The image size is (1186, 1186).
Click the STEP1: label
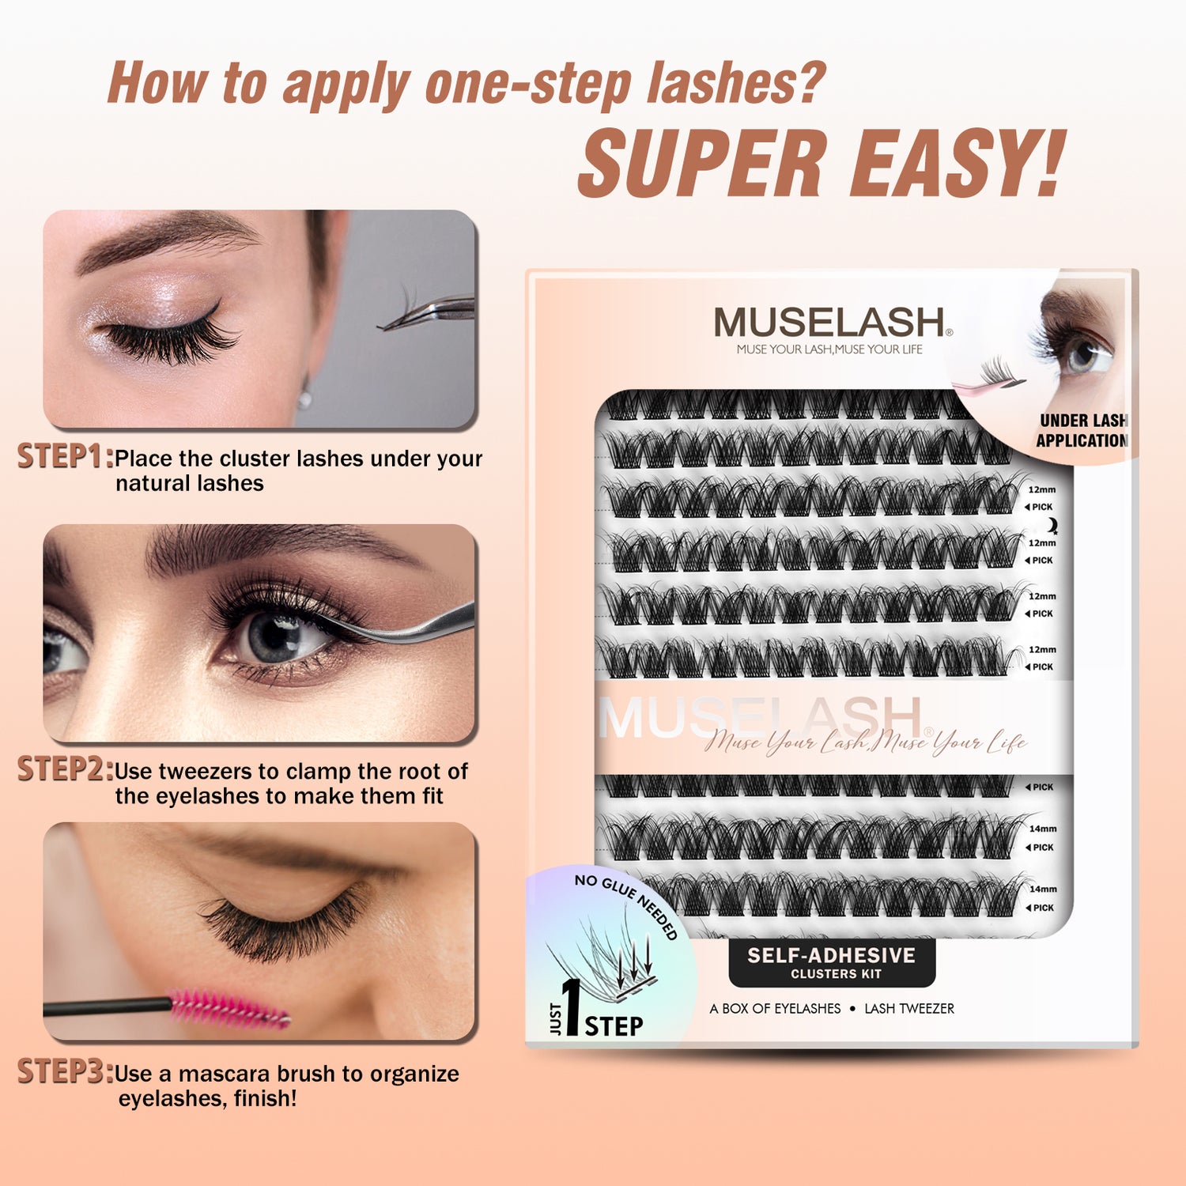click(66, 456)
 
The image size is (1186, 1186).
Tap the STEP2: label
click(66, 769)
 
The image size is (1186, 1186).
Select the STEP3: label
click(66, 1071)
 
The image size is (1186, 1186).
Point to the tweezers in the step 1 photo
click(427, 312)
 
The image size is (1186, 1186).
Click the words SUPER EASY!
click(822, 163)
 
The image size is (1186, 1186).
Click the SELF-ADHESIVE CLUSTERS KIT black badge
click(832, 963)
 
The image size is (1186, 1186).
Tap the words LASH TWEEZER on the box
click(909, 1009)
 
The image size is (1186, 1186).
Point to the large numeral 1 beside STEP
click(570, 1007)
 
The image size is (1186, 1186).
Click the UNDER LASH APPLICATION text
click(1082, 431)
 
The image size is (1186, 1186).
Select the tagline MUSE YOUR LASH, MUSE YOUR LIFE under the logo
click(829, 349)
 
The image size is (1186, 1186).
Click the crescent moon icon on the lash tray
click(1052, 525)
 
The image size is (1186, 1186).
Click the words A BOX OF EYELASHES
click(775, 1009)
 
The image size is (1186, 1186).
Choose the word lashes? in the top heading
click(736, 83)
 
